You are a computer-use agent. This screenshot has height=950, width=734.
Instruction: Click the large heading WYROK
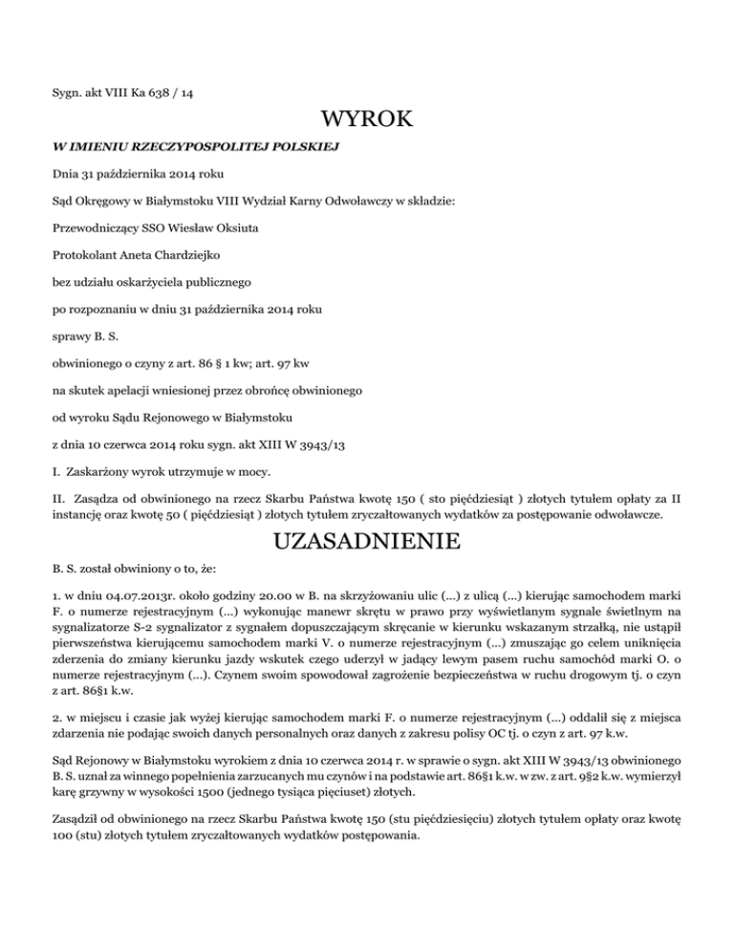click(x=367, y=119)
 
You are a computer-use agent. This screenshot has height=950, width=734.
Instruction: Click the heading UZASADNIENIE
click(x=367, y=542)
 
